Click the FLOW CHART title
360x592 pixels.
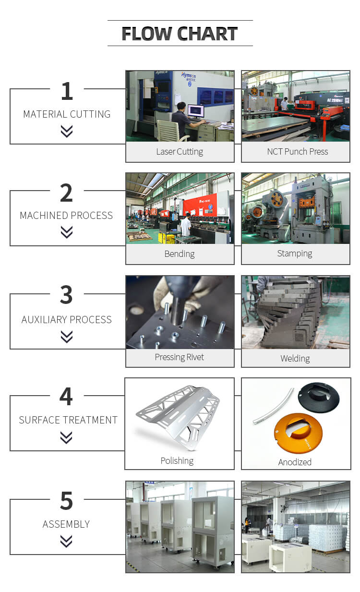[x=180, y=34]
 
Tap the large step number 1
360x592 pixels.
[x=67, y=91]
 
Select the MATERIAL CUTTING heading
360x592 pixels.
[x=67, y=114]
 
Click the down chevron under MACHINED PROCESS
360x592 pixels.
[x=67, y=232]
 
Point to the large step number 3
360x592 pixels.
[x=66, y=294]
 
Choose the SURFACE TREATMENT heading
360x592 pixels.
[x=68, y=420]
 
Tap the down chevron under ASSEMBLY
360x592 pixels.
[x=66, y=541]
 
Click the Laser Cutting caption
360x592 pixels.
[x=180, y=152]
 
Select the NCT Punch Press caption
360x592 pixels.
[x=298, y=151]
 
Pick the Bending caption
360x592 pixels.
[x=180, y=254]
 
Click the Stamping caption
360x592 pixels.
[x=295, y=254]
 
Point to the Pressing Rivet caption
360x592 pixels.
[x=180, y=357]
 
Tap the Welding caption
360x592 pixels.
[x=295, y=359]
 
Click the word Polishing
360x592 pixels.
[x=177, y=461]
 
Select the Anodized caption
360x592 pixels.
[x=295, y=462]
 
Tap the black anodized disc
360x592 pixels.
[x=319, y=397]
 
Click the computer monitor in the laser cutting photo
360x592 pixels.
[x=196, y=111]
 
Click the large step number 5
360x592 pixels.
[x=66, y=500]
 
